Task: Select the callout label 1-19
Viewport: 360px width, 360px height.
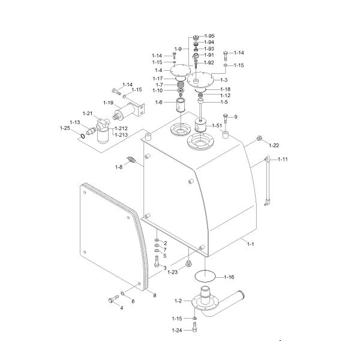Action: coord(108,103)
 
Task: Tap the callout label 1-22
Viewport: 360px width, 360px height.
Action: coord(274,145)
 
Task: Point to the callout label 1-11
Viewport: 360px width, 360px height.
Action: coord(282,159)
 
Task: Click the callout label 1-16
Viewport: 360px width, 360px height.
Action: coord(229,277)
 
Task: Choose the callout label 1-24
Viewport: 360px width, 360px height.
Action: coord(177,330)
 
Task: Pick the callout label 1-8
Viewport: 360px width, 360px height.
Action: coord(119,167)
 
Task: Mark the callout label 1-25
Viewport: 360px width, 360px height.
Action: coord(65,128)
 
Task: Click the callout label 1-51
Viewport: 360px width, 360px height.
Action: coord(217,125)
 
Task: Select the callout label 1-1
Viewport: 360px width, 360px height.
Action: coord(251,244)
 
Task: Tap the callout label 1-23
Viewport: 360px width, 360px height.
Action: coord(173,272)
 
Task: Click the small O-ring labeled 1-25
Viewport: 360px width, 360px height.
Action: coord(81,136)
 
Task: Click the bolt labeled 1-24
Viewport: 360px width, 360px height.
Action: coord(194,327)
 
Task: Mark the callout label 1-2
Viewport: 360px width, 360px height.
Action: coord(178,299)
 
